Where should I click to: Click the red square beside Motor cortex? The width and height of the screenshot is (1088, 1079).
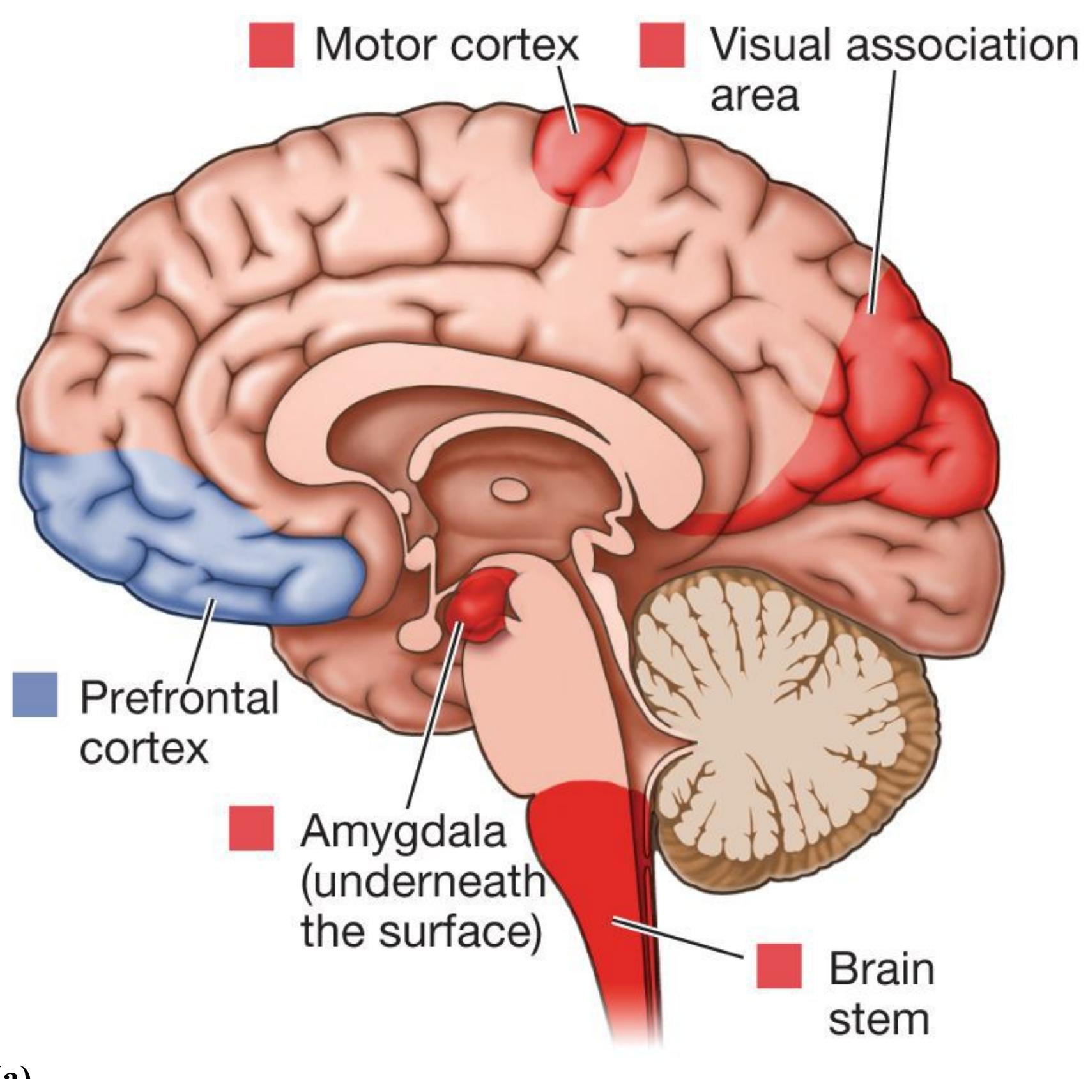(x=272, y=45)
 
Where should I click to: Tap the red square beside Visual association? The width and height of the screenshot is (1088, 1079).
(x=662, y=45)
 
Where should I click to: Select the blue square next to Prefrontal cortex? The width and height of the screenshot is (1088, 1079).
(x=35, y=694)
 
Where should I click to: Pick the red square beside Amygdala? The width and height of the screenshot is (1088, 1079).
(x=252, y=829)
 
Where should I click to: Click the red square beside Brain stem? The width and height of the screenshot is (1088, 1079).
(x=779, y=965)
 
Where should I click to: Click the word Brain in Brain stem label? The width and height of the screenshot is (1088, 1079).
(x=881, y=968)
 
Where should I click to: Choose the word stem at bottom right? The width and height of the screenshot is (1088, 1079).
(x=878, y=1020)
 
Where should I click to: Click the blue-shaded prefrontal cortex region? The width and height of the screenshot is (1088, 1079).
(x=185, y=537)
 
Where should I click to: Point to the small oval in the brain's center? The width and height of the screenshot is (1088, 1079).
(x=509, y=491)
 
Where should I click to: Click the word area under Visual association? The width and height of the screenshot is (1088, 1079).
(x=755, y=96)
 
